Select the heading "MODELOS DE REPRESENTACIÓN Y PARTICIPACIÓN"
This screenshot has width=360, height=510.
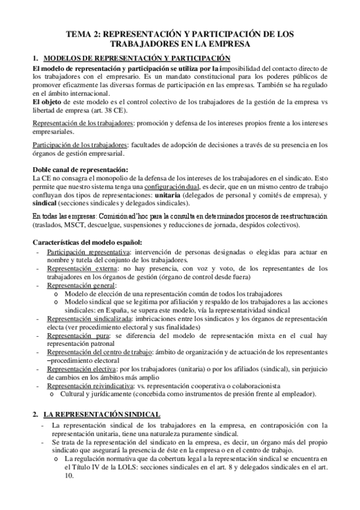tap(137, 58)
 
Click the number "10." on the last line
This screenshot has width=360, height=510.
tap(69, 475)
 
